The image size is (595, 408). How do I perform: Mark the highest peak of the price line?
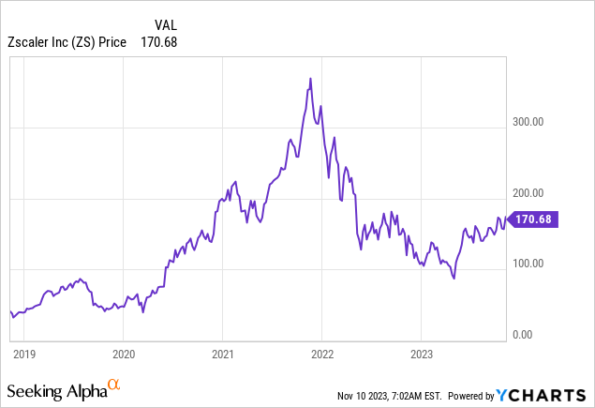[x=310, y=78]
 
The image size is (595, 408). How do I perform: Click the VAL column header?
[x=166, y=25]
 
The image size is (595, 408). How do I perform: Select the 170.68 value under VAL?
[x=158, y=41]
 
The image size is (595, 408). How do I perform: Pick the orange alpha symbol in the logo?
[x=112, y=384]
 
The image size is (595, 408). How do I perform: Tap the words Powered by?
[x=473, y=395]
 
